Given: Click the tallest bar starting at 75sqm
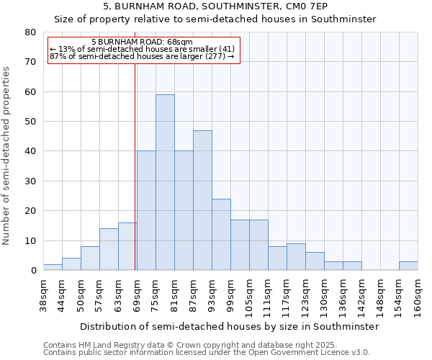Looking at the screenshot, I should point(165,182).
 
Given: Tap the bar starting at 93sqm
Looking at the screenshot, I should point(221,235).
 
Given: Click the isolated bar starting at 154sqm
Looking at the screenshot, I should point(408,266).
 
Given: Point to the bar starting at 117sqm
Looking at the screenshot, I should point(296,257).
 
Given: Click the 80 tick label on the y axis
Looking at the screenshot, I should point(30,32).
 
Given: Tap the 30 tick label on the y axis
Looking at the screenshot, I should point(30,181).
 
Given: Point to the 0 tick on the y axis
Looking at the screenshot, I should point(33,271).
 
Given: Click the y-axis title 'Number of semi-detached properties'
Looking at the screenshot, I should point(7,155).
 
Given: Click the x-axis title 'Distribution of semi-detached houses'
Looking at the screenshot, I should point(229,326).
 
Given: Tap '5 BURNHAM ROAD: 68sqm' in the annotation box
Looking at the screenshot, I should point(142,42).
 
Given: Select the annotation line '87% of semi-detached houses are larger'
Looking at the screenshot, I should point(142,56).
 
